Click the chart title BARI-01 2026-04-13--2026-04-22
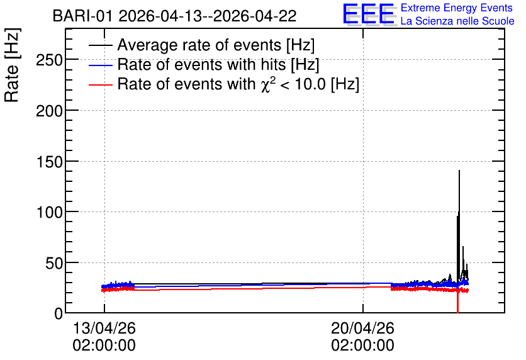coord(174,16)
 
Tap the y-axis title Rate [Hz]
coord(12,65)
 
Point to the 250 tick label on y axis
coord(49,60)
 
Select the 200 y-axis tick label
coord(49,111)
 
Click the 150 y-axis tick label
coord(49,162)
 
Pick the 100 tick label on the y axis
coord(49,213)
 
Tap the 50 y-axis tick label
coord(54,264)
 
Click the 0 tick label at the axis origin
coord(59,313)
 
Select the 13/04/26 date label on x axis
coord(104,328)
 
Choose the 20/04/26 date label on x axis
coord(362,328)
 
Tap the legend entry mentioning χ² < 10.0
coord(238,84)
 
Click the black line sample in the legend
coord(100,45)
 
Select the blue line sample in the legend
coord(100,65)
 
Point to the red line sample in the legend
coord(100,85)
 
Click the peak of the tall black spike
coord(459,171)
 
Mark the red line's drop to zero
coord(457,312)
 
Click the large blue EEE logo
coord(369,14)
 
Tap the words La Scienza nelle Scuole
coord(457,21)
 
